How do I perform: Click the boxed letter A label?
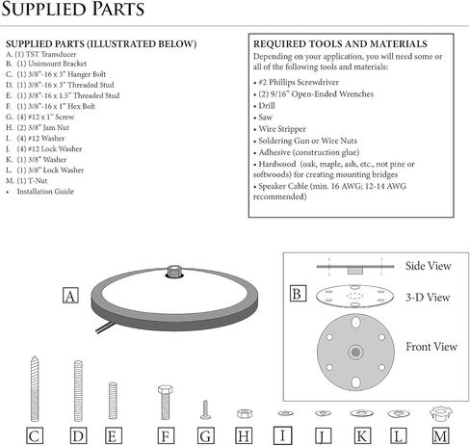click(70, 296)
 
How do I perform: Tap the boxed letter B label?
click(298, 294)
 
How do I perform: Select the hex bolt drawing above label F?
click(166, 403)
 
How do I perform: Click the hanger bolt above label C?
click(35, 388)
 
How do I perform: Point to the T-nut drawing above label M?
click(441, 414)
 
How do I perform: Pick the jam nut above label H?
click(245, 413)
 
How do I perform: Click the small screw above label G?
click(205, 409)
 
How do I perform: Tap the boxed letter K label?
click(362, 435)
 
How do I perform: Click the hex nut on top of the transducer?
click(174, 271)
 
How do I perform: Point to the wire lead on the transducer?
click(104, 328)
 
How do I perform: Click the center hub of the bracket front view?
click(355, 353)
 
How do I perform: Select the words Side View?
click(429, 266)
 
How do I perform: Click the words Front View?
click(431, 347)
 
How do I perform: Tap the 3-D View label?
click(428, 298)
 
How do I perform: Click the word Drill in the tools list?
click(267, 106)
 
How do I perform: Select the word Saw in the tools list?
click(266, 118)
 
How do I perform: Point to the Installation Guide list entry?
click(45, 192)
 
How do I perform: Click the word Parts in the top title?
click(118, 9)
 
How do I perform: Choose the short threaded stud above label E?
click(113, 401)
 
